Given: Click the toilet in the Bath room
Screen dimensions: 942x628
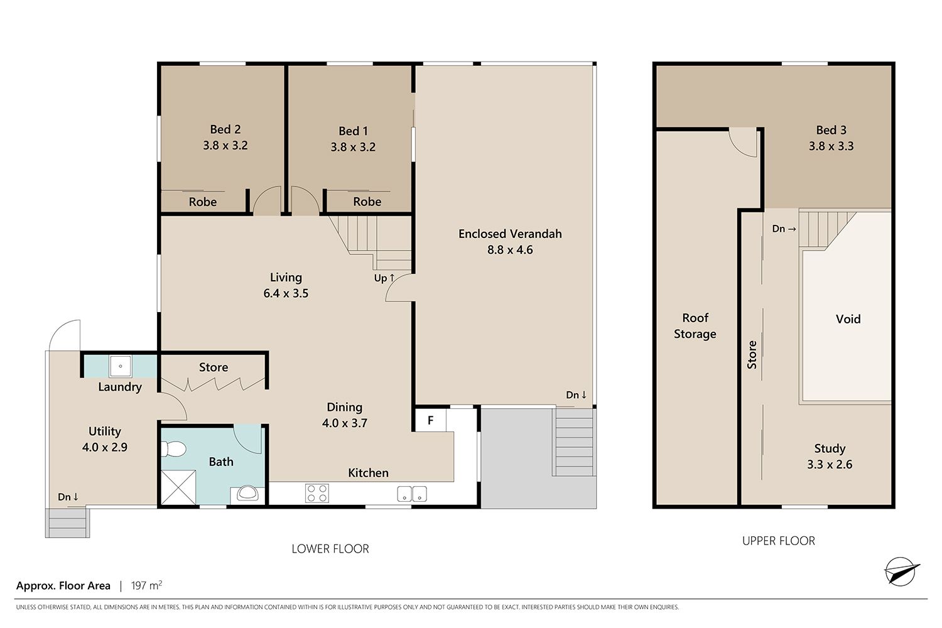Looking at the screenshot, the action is [174, 449].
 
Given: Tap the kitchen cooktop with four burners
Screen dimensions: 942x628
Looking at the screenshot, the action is [317, 493].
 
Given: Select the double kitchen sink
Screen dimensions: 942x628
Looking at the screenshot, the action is [412, 494].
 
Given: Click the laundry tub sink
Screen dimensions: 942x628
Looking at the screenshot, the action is [121, 366].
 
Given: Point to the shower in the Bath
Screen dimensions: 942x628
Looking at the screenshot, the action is [178, 487].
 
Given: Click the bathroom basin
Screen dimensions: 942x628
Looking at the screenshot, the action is [247, 494].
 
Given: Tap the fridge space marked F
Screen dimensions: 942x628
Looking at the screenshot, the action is [431, 420].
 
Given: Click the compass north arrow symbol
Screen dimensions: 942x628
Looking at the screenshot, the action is [901, 571].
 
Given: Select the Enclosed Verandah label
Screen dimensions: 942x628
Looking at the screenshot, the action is [510, 234].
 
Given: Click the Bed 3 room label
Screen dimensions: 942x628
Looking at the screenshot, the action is [831, 130].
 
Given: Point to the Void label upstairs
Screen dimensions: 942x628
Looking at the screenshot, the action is [848, 319].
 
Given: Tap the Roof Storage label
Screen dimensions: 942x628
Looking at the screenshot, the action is [695, 325].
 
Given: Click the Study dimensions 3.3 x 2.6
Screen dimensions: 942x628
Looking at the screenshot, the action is [830, 464].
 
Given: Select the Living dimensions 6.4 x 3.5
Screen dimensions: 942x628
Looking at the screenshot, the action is [286, 293].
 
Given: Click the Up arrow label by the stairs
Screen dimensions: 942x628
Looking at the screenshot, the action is [384, 278].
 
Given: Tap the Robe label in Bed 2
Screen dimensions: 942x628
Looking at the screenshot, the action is [203, 202].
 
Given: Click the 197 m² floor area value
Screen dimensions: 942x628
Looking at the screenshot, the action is [146, 585].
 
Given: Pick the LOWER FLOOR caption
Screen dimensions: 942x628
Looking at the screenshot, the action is [330, 548].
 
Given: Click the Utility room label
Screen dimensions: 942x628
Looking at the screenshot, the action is [105, 431].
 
